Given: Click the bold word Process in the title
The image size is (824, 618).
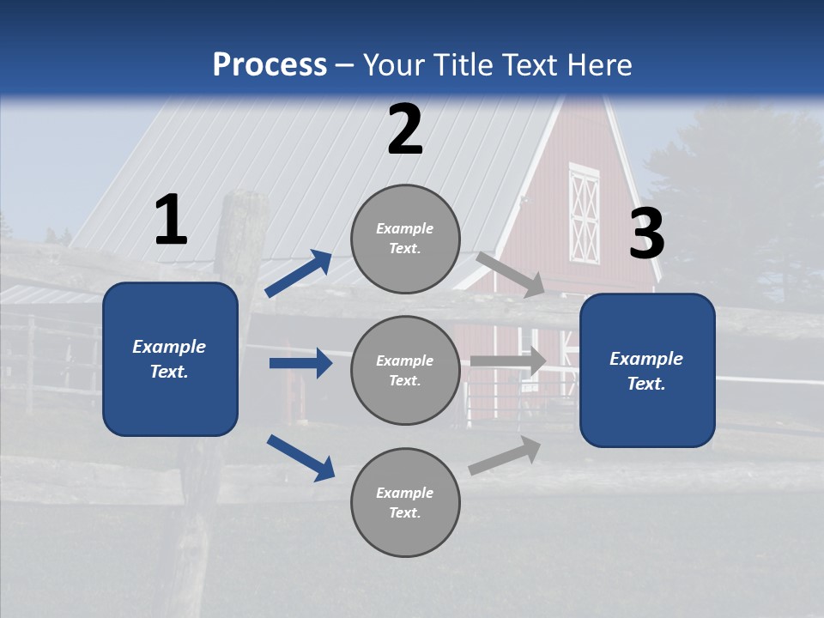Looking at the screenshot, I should pos(270,65).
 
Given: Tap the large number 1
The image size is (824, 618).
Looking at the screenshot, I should pos(170,221).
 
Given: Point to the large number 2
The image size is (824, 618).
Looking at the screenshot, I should pos(405,130).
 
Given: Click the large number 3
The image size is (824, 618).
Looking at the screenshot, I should pos(646,234).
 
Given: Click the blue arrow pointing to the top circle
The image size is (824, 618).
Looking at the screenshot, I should pos(298,274).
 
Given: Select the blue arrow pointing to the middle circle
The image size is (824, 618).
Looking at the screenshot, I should pos(300,363).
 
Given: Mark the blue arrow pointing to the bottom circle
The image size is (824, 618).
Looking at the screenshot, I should pos(300,457).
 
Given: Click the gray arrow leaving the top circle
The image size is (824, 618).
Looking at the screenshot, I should pos(510,274).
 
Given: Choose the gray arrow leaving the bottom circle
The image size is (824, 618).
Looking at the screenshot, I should pos(505,455).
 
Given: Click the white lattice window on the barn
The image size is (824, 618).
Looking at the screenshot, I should pos(585,214).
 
